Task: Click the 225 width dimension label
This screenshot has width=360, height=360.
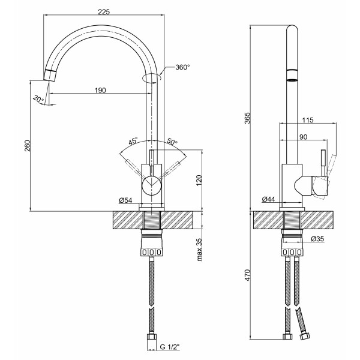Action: click(104, 12)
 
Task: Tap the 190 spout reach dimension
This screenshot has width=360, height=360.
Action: click(100, 91)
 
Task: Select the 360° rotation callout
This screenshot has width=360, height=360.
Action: click(182, 67)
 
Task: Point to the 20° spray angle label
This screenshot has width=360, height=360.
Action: click(38, 99)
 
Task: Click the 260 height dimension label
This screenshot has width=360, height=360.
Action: click(28, 146)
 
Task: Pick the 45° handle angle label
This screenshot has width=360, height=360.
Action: click(133, 140)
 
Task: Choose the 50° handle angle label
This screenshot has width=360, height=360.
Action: click(172, 141)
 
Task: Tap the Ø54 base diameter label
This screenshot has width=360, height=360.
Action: click(125, 200)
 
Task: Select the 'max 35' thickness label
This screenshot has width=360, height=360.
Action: click(199, 250)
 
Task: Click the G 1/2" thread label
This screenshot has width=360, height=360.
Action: click(170, 354)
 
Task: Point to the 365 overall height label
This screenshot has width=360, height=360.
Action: click(247, 118)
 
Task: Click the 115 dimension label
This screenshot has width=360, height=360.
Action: click(308, 120)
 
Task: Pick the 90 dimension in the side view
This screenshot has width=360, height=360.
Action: click(303, 137)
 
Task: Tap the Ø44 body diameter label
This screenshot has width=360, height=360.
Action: click(268, 199)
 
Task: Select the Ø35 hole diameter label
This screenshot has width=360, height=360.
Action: click(317, 239)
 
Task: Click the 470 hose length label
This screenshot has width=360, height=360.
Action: click(247, 275)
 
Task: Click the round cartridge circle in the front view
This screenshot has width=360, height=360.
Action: click(152, 185)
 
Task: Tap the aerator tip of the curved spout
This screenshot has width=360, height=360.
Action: click(50, 75)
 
